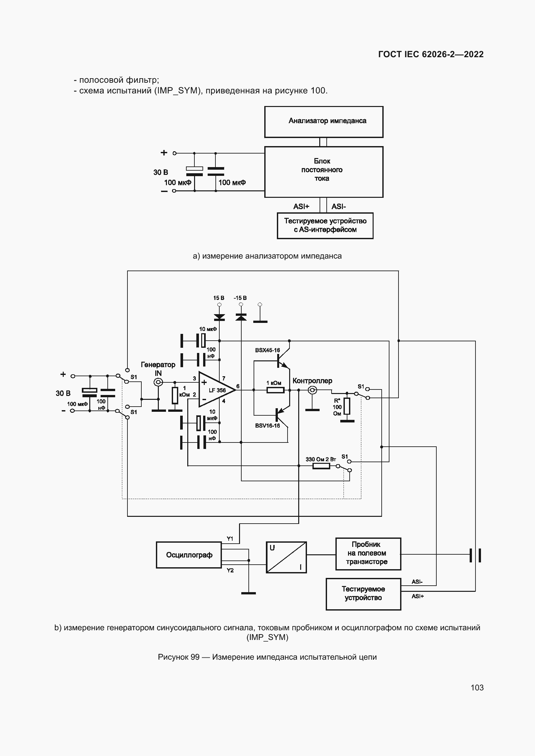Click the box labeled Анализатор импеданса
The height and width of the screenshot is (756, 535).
click(323, 122)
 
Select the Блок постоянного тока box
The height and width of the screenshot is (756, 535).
click(323, 172)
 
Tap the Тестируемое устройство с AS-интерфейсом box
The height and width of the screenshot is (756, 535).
click(325, 226)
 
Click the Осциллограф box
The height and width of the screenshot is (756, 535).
click(189, 555)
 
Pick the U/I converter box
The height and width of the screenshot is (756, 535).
click(286, 557)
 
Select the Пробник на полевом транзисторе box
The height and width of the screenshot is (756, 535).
click(368, 553)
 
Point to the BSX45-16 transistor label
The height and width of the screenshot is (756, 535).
click(267, 350)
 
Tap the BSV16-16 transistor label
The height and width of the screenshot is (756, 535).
click(267, 425)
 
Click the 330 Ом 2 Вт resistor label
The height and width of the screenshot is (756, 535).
click(320, 459)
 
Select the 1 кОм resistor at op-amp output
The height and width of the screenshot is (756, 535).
click(275, 390)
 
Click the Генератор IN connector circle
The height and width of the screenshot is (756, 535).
click(158, 382)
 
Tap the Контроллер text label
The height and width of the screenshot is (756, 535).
click(312, 381)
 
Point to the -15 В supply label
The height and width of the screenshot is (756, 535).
click(240, 298)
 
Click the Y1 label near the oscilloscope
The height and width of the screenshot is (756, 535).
click(230, 539)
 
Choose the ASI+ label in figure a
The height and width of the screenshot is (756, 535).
click(301, 207)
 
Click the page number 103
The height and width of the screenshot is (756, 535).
click(477, 687)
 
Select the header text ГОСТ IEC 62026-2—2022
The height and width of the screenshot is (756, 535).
click(431, 54)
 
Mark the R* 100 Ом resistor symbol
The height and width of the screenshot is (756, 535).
click(346, 406)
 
